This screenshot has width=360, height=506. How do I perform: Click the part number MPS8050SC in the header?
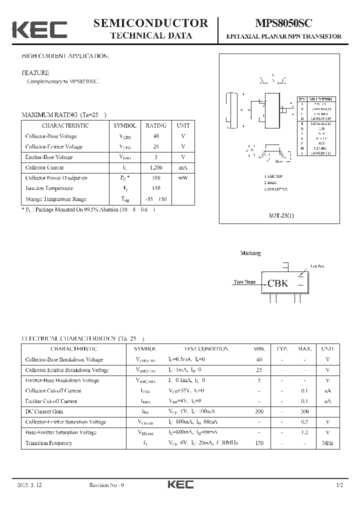click(284, 23)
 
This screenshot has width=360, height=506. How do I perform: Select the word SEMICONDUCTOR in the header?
click(150, 23)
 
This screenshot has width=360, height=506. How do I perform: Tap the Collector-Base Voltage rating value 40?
click(156, 136)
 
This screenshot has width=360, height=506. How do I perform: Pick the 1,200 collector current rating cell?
click(156, 167)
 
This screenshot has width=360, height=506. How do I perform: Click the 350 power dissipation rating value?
click(156, 178)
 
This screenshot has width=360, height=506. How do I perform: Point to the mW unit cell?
click(183, 178)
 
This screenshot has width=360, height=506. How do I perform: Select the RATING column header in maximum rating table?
click(156, 125)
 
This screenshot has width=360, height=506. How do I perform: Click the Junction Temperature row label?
click(49, 188)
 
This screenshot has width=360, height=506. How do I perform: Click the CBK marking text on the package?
click(278, 283)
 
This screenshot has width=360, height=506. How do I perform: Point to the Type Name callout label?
click(244, 282)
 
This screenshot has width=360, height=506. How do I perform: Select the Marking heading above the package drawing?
click(250, 253)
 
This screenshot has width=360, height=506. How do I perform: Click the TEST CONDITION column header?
click(206, 349)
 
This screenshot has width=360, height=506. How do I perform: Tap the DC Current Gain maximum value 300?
click(304, 411)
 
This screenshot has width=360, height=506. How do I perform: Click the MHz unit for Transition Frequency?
click(327, 443)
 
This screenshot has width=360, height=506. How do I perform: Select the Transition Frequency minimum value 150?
click(259, 443)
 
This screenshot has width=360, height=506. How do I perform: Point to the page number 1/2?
click(340, 485)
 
